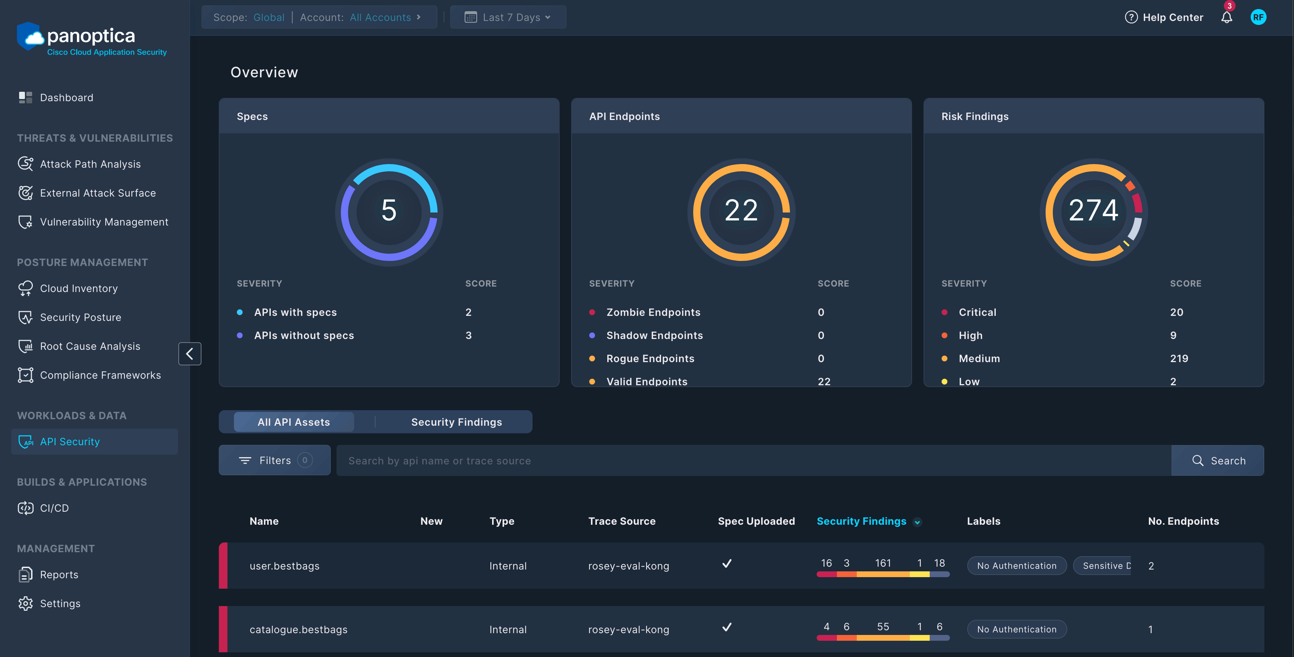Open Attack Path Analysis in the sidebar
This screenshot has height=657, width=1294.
point(90,164)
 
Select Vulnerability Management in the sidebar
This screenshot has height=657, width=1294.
point(104,222)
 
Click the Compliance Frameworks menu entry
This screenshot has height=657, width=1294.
point(100,375)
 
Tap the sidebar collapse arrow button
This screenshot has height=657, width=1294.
point(190,354)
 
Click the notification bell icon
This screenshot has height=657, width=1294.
point(1226,18)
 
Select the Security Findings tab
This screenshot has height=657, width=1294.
point(456,422)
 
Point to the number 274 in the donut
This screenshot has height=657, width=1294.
point(1093,210)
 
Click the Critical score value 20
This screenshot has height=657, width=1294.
point(1176,312)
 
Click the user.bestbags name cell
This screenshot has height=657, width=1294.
point(284,566)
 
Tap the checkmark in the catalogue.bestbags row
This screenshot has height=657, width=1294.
point(726,627)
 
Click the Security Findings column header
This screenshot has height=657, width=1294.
point(861,521)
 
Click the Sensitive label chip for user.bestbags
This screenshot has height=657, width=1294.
point(1103,566)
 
